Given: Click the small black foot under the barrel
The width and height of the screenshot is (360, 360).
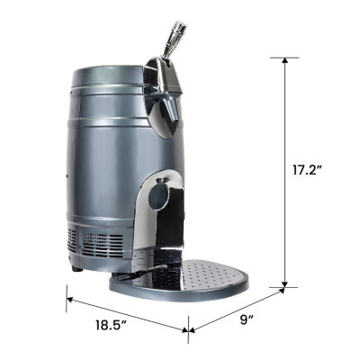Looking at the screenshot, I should click(77, 267).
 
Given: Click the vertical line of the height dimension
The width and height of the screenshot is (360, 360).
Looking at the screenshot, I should click(286, 171).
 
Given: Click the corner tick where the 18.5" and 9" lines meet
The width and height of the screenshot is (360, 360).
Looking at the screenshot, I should click(188, 329).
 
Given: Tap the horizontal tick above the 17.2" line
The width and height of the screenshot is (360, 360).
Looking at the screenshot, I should click(286, 57).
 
